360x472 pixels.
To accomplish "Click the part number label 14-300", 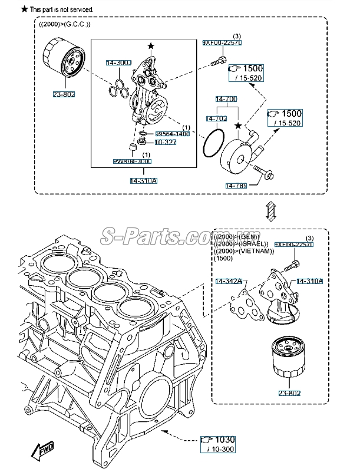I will (118, 63).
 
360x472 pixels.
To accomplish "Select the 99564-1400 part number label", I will (172, 134).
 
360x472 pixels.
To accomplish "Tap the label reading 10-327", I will (166, 142).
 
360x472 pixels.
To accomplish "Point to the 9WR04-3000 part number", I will (132, 161).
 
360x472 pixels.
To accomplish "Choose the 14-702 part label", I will (216, 119).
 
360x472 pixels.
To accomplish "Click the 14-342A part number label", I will (227, 282).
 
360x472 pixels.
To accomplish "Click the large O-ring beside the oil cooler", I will (213, 144).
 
